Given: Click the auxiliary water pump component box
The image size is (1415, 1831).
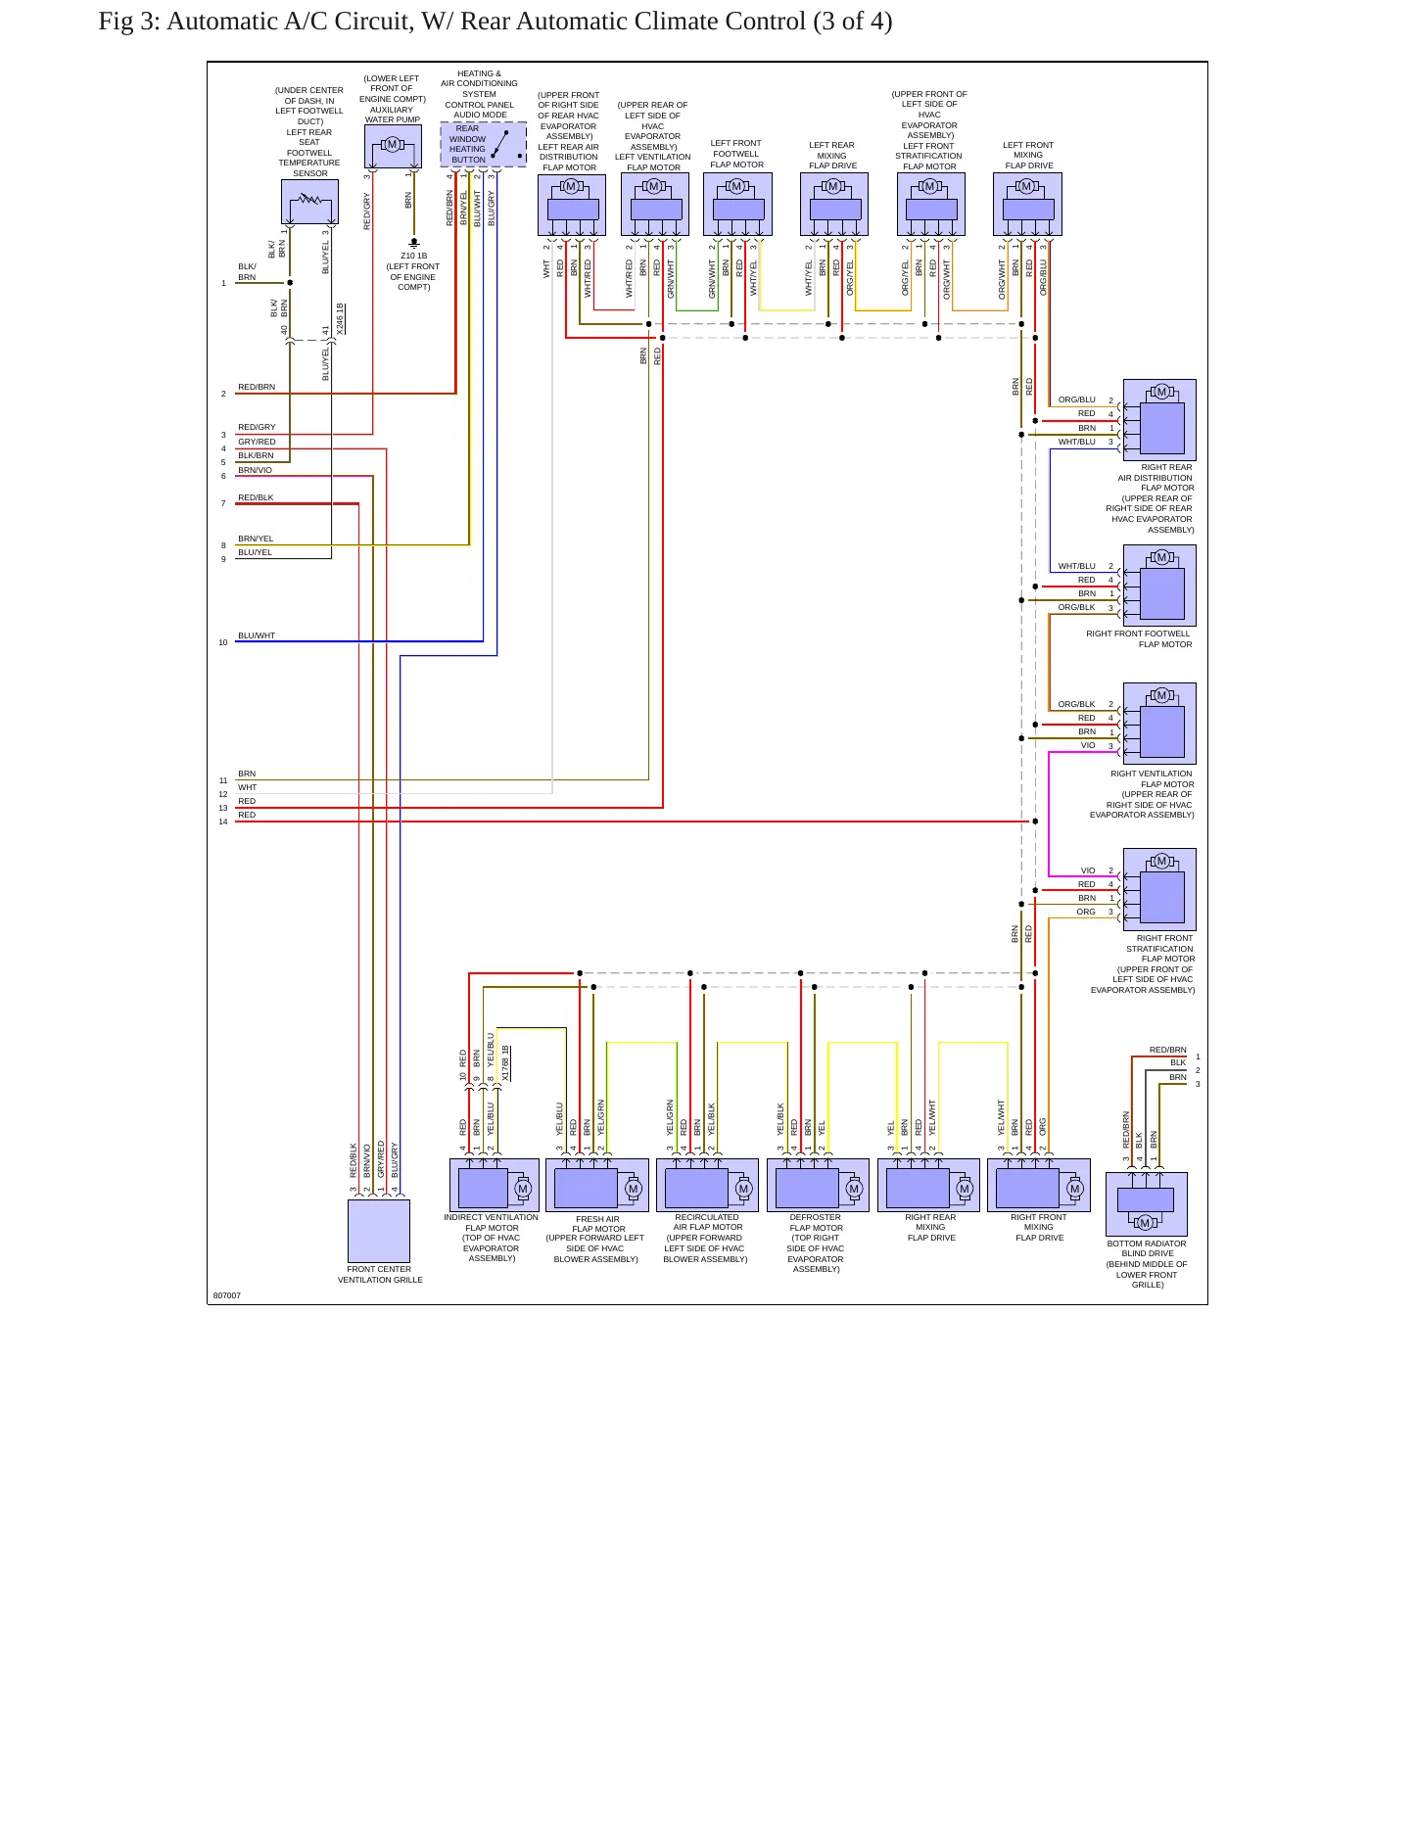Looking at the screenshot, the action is coord(393,146).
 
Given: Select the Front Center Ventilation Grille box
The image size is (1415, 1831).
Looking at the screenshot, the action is coord(379,1231).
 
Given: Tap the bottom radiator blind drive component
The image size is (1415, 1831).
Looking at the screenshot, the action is coord(1146,1203).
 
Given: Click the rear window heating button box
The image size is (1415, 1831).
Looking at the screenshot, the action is coord(483,144).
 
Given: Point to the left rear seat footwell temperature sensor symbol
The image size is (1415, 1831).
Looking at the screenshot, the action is coord(309,202).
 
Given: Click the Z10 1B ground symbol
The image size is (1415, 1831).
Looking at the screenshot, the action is coord(414,241).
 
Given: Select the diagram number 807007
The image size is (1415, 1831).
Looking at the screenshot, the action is coord(227,1295).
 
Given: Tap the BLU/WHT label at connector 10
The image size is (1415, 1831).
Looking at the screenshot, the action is coord(257,635).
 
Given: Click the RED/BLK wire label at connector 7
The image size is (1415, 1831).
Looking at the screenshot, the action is coord(256,497).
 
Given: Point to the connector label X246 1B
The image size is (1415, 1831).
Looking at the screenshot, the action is coord(340,319).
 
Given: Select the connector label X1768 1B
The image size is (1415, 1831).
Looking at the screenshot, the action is coord(505,1063).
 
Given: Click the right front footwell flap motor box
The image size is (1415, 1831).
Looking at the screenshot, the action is coord(1159,586).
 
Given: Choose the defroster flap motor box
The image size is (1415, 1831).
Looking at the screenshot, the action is coord(818,1186).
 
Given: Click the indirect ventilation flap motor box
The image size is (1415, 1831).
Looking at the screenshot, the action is coord(495,1186).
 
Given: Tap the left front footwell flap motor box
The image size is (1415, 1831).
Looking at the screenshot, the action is coord(737,205).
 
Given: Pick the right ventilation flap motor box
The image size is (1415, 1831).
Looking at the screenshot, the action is coord(1159,724).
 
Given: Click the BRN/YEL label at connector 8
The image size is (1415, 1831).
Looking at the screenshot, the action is coord(256,539).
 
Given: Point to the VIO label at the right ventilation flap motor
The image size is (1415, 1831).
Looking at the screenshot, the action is coord(1088,745).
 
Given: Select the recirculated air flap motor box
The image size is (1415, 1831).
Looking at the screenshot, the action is coord(707,1186).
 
